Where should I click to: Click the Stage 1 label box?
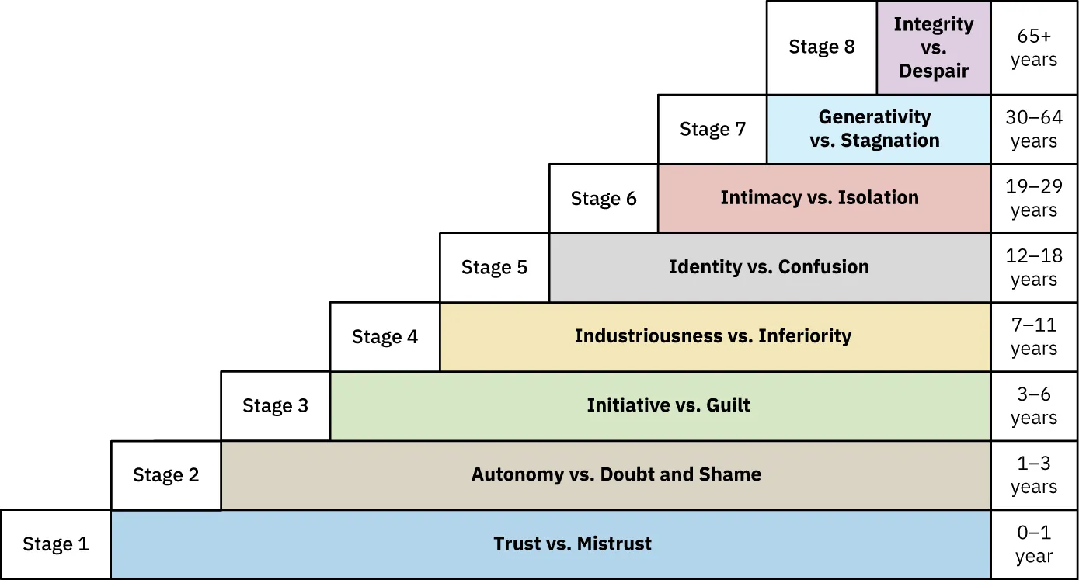click(55, 544)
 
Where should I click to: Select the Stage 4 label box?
click(385, 336)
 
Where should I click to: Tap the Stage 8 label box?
click(821, 47)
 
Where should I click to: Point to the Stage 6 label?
click(603, 199)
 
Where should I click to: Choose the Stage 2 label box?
click(165, 475)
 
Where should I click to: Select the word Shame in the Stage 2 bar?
click(730, 474)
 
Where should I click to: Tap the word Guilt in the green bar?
click(728, 405)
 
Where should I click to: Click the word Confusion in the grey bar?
click(823, 267)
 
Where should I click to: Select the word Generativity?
click(875, 117)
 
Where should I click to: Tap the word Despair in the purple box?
click(934, 71)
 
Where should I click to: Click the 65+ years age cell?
click(1034, 47)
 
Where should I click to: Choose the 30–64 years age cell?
click(1034, 129)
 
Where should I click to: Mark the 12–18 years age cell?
click(1034, 267)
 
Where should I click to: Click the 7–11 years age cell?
click(1034, 336)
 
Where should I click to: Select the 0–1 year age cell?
click(1034, 544)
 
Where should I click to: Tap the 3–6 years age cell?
click(1034, 405)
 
